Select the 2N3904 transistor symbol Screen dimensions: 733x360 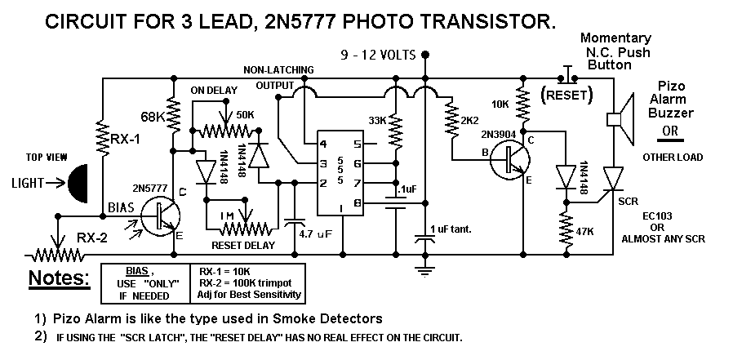510,159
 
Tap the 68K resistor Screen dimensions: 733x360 173,115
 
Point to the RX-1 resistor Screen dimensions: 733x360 103,137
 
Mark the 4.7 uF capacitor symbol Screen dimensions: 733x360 295,223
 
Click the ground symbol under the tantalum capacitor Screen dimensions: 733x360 425,271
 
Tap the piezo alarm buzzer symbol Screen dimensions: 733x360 620,119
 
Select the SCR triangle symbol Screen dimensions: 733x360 613,179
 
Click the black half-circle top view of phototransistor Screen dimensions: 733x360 78,184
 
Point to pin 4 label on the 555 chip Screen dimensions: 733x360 322,144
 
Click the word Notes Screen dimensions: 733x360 60,278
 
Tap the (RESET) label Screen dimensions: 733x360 566,95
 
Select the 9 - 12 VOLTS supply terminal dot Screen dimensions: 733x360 425,55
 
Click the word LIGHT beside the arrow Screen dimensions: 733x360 28,184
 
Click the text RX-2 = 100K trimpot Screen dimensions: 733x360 246,283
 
